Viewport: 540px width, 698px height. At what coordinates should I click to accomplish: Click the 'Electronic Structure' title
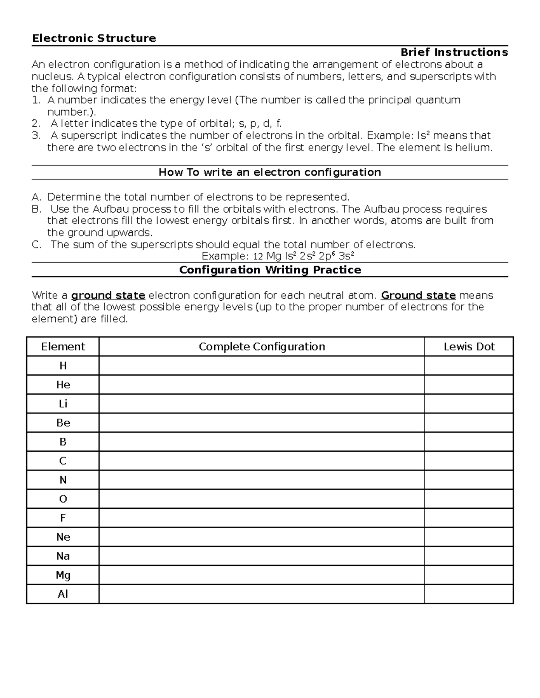pos(94,38)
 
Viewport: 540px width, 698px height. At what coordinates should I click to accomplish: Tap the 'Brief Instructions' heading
pos(454,52)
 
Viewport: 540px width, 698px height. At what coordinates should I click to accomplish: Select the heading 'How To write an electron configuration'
pos(270,172)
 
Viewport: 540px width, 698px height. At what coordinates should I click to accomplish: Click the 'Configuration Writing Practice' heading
pos(270,270)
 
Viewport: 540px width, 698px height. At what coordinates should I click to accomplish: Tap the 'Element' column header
pos(63,347)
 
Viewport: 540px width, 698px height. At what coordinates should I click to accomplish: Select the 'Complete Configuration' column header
pos(261,347)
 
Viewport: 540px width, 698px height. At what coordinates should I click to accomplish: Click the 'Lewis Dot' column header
pos(469,347)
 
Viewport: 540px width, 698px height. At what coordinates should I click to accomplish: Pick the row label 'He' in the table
pos(63,385)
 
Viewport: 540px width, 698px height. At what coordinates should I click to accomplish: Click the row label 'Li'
pos(63,404)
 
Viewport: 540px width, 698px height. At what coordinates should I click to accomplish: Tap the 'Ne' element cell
pos(63,537)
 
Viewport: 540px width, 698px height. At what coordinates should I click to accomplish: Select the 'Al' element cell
pos(63,594)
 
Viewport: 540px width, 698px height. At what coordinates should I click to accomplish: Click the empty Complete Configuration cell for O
pos(261,499)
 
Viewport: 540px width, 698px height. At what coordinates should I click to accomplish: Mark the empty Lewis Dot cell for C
pos(469,461)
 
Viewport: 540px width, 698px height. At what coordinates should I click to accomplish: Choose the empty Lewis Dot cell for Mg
pos(469,575)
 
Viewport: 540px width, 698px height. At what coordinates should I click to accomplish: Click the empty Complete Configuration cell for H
pos(261,365)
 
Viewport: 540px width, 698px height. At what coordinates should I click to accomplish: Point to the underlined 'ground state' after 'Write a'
pos(108,295)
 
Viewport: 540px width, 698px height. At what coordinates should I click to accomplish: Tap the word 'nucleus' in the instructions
pos(47,76)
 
